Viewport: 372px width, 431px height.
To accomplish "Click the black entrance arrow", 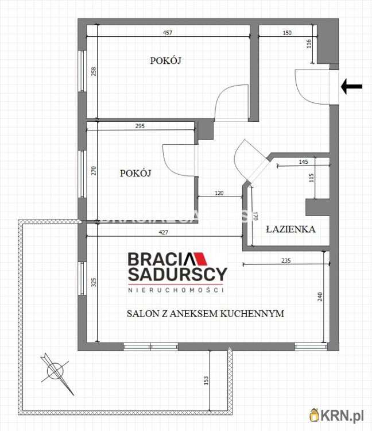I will pyautogui.click(x=352, y=87).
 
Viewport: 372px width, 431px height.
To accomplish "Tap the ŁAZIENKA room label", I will pyautogui.click(x=290, y=229).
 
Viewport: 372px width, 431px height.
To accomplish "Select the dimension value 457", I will pyautogui.click(x=168, y=33).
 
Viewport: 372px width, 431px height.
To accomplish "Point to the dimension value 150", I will pyautogui.click(x=287, y=33).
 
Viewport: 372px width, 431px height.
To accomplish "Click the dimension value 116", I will pyautogui.click(x=309, y=43).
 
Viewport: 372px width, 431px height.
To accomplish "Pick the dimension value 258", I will pyautogui.click(x=94, y=72).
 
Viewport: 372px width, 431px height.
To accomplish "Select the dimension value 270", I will pyautogui.click(x=94, y=171).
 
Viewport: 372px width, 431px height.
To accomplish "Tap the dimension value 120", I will pyautogui.click(x=219, y=194).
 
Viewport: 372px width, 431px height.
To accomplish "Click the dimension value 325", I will pyautogui.click(x=94, y=282).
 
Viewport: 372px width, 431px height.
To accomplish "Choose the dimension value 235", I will pyautogui.click(x=286, y=260).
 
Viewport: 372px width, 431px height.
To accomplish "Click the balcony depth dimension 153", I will pyautogui.click(x=206, y=380).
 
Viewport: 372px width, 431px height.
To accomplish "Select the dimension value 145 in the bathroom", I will pyautogui.click(x=304, y=162).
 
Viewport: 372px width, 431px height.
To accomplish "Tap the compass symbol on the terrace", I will pyautogui.click(x=55, y=371).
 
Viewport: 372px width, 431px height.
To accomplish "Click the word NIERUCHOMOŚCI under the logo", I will pyautogui.click(x=175, y=291).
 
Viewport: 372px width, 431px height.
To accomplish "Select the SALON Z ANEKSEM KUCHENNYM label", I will pyautogui.click(x=206, y=314).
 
